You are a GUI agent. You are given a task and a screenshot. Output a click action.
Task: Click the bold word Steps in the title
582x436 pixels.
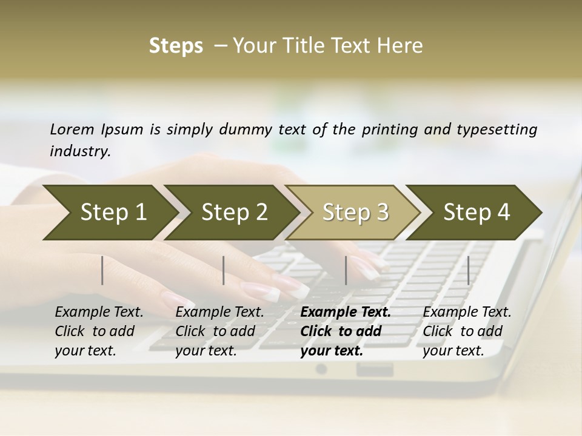[x=176, y=46]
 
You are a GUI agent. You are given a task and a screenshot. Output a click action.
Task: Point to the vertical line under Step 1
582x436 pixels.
[x=102, y=270]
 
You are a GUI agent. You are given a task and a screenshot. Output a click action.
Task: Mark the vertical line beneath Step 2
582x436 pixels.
[x=224, y=270]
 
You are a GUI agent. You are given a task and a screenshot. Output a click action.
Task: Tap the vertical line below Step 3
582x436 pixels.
[x=346, y=270]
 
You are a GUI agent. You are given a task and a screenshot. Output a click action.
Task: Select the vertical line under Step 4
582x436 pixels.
[x=469, y=270]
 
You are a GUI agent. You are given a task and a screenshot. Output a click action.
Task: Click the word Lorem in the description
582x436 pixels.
[x=72, y=130]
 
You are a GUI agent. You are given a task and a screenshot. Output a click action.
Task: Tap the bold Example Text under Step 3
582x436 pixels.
[x=346, y=312]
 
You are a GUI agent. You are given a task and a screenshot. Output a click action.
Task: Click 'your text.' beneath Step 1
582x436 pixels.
[x=85, y=351]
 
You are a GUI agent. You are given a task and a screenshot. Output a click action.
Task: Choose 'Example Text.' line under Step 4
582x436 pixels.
[x=467, y=312]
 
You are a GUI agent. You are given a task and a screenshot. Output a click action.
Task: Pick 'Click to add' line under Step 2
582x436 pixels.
[x=215, y=331]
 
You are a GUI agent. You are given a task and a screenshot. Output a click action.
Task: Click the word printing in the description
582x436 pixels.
[x=390, y=130]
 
